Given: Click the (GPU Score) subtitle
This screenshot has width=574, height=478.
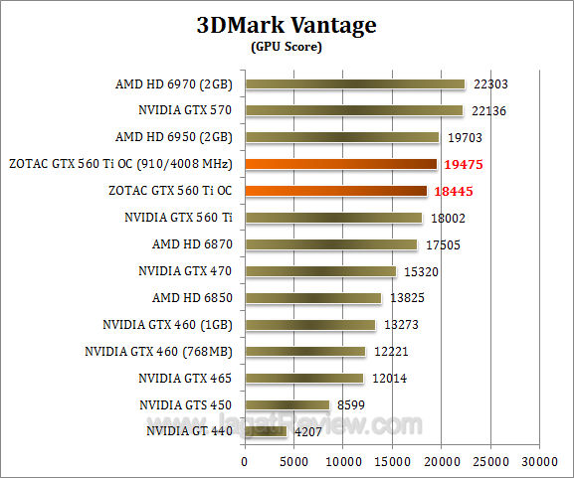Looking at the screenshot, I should click(x=287, y=47).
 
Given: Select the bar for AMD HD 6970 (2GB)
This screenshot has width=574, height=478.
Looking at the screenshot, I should click(x=354, y=84).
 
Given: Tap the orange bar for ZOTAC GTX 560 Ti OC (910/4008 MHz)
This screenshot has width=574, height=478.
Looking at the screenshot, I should click(x=340, y=164).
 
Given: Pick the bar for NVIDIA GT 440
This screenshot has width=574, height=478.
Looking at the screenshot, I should click(x=265, y=431).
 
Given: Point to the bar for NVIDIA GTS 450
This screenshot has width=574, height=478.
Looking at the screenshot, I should click(x=287, y=404).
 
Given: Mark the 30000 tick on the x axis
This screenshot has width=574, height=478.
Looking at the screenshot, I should click(x=539, y=462).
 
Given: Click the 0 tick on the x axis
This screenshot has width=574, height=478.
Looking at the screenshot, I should click(x=244, y=462).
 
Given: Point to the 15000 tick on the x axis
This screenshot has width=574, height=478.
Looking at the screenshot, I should click(x=392, y=462).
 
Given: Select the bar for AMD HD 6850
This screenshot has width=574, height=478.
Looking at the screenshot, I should click(x=312, y=298).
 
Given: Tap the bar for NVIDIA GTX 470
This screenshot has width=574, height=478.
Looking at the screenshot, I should click(x=319, y=271).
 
